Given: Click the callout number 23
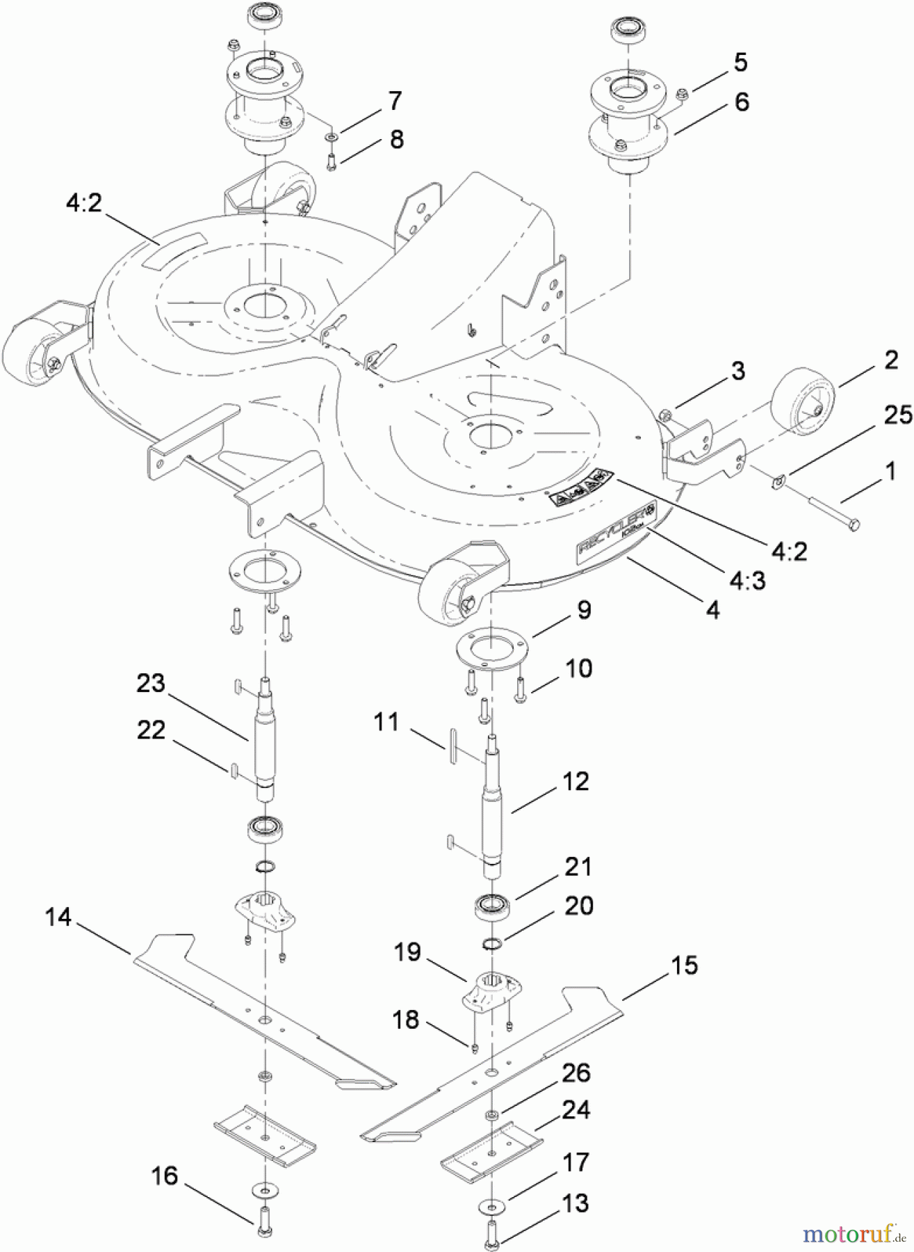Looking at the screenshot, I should (x=151, y=684).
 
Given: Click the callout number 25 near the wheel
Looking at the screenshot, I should (x=897, y=415).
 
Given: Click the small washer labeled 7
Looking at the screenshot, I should (x=332, y=137).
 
